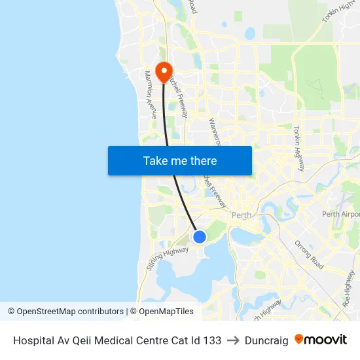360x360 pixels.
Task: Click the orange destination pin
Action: coord(163,70)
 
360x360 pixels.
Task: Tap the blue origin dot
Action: coord(200,237)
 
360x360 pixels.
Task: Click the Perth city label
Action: coord(242,214)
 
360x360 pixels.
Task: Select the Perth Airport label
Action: coord(341,214)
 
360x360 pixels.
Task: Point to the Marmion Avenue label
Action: coord(151,92)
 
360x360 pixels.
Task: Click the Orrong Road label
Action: coord(309,255)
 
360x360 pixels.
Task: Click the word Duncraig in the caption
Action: coord(266,340)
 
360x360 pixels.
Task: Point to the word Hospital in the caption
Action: coord(33,340)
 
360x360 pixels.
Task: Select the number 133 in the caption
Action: coord(211,340)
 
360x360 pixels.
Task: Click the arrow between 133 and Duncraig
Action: coord(232,340)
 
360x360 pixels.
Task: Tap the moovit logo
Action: coord(321,340)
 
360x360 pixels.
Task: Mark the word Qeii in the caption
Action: coord(83,340)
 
